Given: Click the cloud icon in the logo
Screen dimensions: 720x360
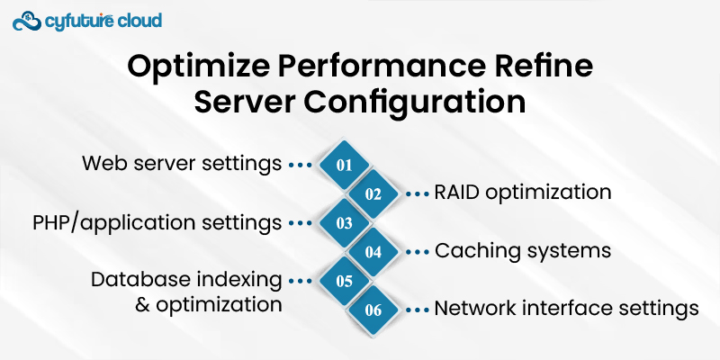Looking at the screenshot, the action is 27,21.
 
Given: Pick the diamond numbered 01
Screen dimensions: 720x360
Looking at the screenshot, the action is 344,165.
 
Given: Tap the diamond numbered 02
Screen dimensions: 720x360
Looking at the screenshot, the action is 373,193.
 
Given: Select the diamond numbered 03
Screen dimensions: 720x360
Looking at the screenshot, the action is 344,222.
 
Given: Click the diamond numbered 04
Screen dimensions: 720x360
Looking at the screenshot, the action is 373,252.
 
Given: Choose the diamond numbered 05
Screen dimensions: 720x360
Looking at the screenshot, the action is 344,281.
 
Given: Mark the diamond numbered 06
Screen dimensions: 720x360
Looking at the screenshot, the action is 373,310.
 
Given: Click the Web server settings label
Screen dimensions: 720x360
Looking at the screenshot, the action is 182,164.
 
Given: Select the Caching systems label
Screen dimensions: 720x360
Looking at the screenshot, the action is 523,251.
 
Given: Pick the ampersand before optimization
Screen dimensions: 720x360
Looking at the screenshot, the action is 143,305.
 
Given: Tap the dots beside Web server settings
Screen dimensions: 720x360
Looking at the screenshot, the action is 301,165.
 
